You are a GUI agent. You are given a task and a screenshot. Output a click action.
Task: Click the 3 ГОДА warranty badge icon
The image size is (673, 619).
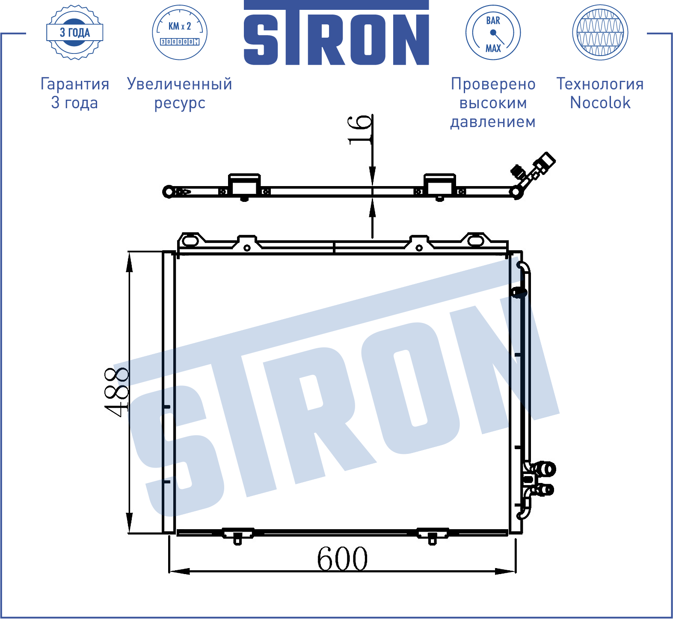click(75, 33)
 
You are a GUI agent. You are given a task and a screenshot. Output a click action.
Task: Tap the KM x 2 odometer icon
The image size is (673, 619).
click(180, 33)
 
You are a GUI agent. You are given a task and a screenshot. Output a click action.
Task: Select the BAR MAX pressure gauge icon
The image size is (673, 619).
click(493, 33)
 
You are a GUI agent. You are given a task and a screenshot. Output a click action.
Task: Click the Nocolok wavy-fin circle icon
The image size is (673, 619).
click(600, 33)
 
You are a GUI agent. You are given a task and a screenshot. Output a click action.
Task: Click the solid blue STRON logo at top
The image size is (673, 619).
click(336, 33)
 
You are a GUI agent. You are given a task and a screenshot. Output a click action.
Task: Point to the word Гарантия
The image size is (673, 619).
click(75, 84)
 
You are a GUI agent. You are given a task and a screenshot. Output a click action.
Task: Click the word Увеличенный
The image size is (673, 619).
click(180, 84)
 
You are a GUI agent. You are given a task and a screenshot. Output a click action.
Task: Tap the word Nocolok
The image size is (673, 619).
click(600, 103)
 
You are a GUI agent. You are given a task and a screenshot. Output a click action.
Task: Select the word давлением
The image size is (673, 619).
click(493, 122)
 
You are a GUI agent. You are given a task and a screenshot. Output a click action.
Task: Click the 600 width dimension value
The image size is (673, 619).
click(342, 559)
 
